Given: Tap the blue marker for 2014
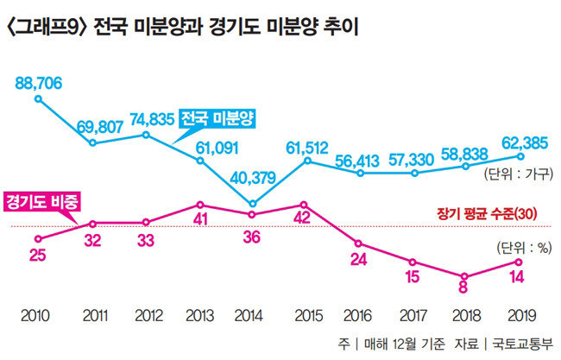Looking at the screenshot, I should coord(253,205).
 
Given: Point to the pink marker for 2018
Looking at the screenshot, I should coord(467,276).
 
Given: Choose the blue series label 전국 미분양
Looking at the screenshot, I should coord(218,117).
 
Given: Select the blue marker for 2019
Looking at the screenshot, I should coord(520,156).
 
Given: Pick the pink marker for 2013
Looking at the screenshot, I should coord(199,205).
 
